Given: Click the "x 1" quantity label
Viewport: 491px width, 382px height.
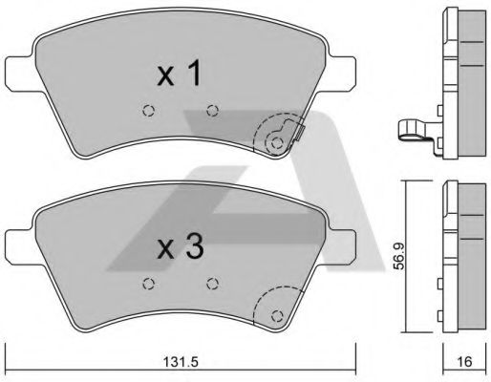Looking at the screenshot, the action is pyautogui.click(x=180, y=73).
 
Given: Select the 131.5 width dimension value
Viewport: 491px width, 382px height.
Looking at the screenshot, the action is pyautogui.click(x=181, y=362).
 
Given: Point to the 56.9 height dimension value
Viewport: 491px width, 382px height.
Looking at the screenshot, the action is pyautogui.click(x=398, y=256).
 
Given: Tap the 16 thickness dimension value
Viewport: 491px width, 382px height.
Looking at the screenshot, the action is pyautogui.click(x=464, y=362).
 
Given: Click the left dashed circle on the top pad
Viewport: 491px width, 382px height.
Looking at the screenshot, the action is pyautogui.click(x=148, y=111).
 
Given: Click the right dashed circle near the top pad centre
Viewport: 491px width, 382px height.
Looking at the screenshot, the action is pyautogui.click(x=212, y=111).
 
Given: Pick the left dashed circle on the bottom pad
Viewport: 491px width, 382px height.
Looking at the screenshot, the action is pyautogui.click(x=148, y=284).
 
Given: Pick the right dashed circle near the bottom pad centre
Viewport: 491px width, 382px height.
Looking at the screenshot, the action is pyautogui.click(x=212, y=284).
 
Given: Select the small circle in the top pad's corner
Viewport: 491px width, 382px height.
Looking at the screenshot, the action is pyautogui.click(x=278, y=143).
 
